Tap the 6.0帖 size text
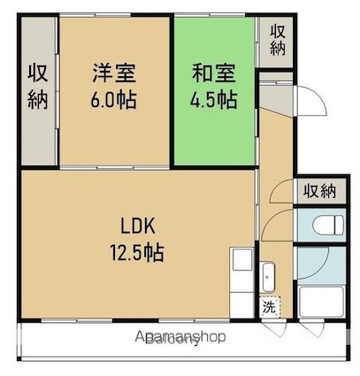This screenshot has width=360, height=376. (x=113, y=99)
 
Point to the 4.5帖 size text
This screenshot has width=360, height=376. (x=214, y=99)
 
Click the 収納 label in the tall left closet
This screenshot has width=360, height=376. (x=37, y=86)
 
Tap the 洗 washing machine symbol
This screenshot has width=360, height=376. (x=268, y=309)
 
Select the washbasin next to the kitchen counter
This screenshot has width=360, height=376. (x=270, y=276)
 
